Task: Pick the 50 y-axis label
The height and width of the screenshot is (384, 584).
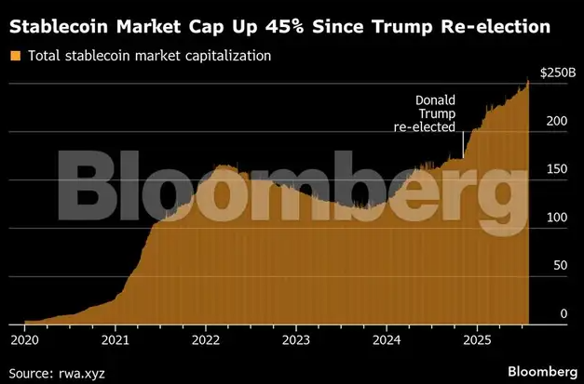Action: (560, 266)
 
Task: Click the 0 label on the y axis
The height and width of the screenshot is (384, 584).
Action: (564, 314)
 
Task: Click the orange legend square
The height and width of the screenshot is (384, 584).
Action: (15, 56)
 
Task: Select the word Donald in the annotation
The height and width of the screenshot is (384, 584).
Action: (434, 99)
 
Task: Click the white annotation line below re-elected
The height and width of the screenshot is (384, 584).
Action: (463, 146)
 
